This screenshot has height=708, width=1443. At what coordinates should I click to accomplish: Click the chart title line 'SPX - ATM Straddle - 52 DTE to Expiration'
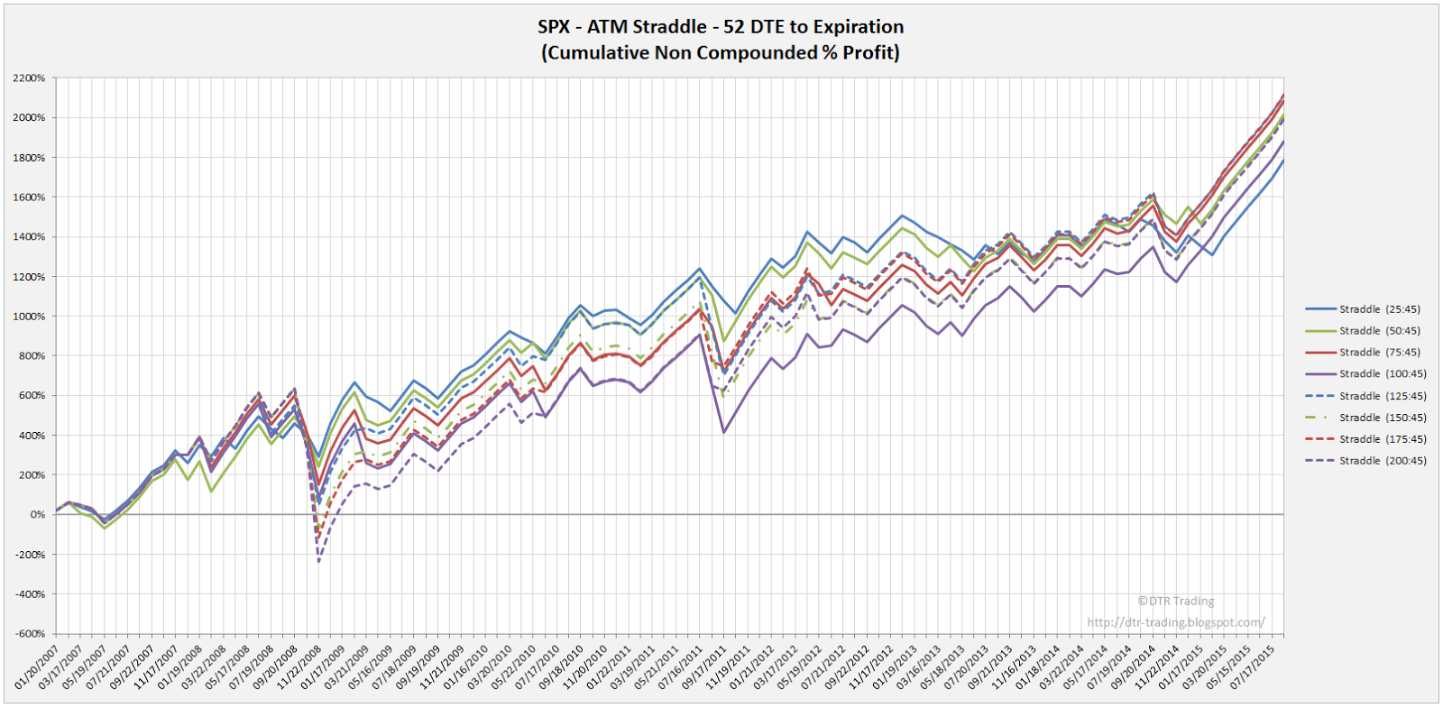click(x=721, y=27)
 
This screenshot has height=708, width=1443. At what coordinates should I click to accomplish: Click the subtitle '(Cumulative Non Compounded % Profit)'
click(x=721, y=52)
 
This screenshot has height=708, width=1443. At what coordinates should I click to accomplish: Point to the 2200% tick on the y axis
click(x=29, y=78)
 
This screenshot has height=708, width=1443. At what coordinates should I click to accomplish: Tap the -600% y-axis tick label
click(x=31, y=634)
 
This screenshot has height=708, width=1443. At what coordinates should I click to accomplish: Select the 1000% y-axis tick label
click(x=29, y=317)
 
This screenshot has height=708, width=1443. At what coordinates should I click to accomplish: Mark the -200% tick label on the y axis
click(x=31, y=555)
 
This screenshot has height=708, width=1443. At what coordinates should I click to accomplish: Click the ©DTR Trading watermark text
click(x=1176, y=601)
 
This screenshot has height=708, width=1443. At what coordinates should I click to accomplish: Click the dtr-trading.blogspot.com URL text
click(x=1176, y=622)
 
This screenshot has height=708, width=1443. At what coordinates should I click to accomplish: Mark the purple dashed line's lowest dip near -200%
click(x=319, y=562)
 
